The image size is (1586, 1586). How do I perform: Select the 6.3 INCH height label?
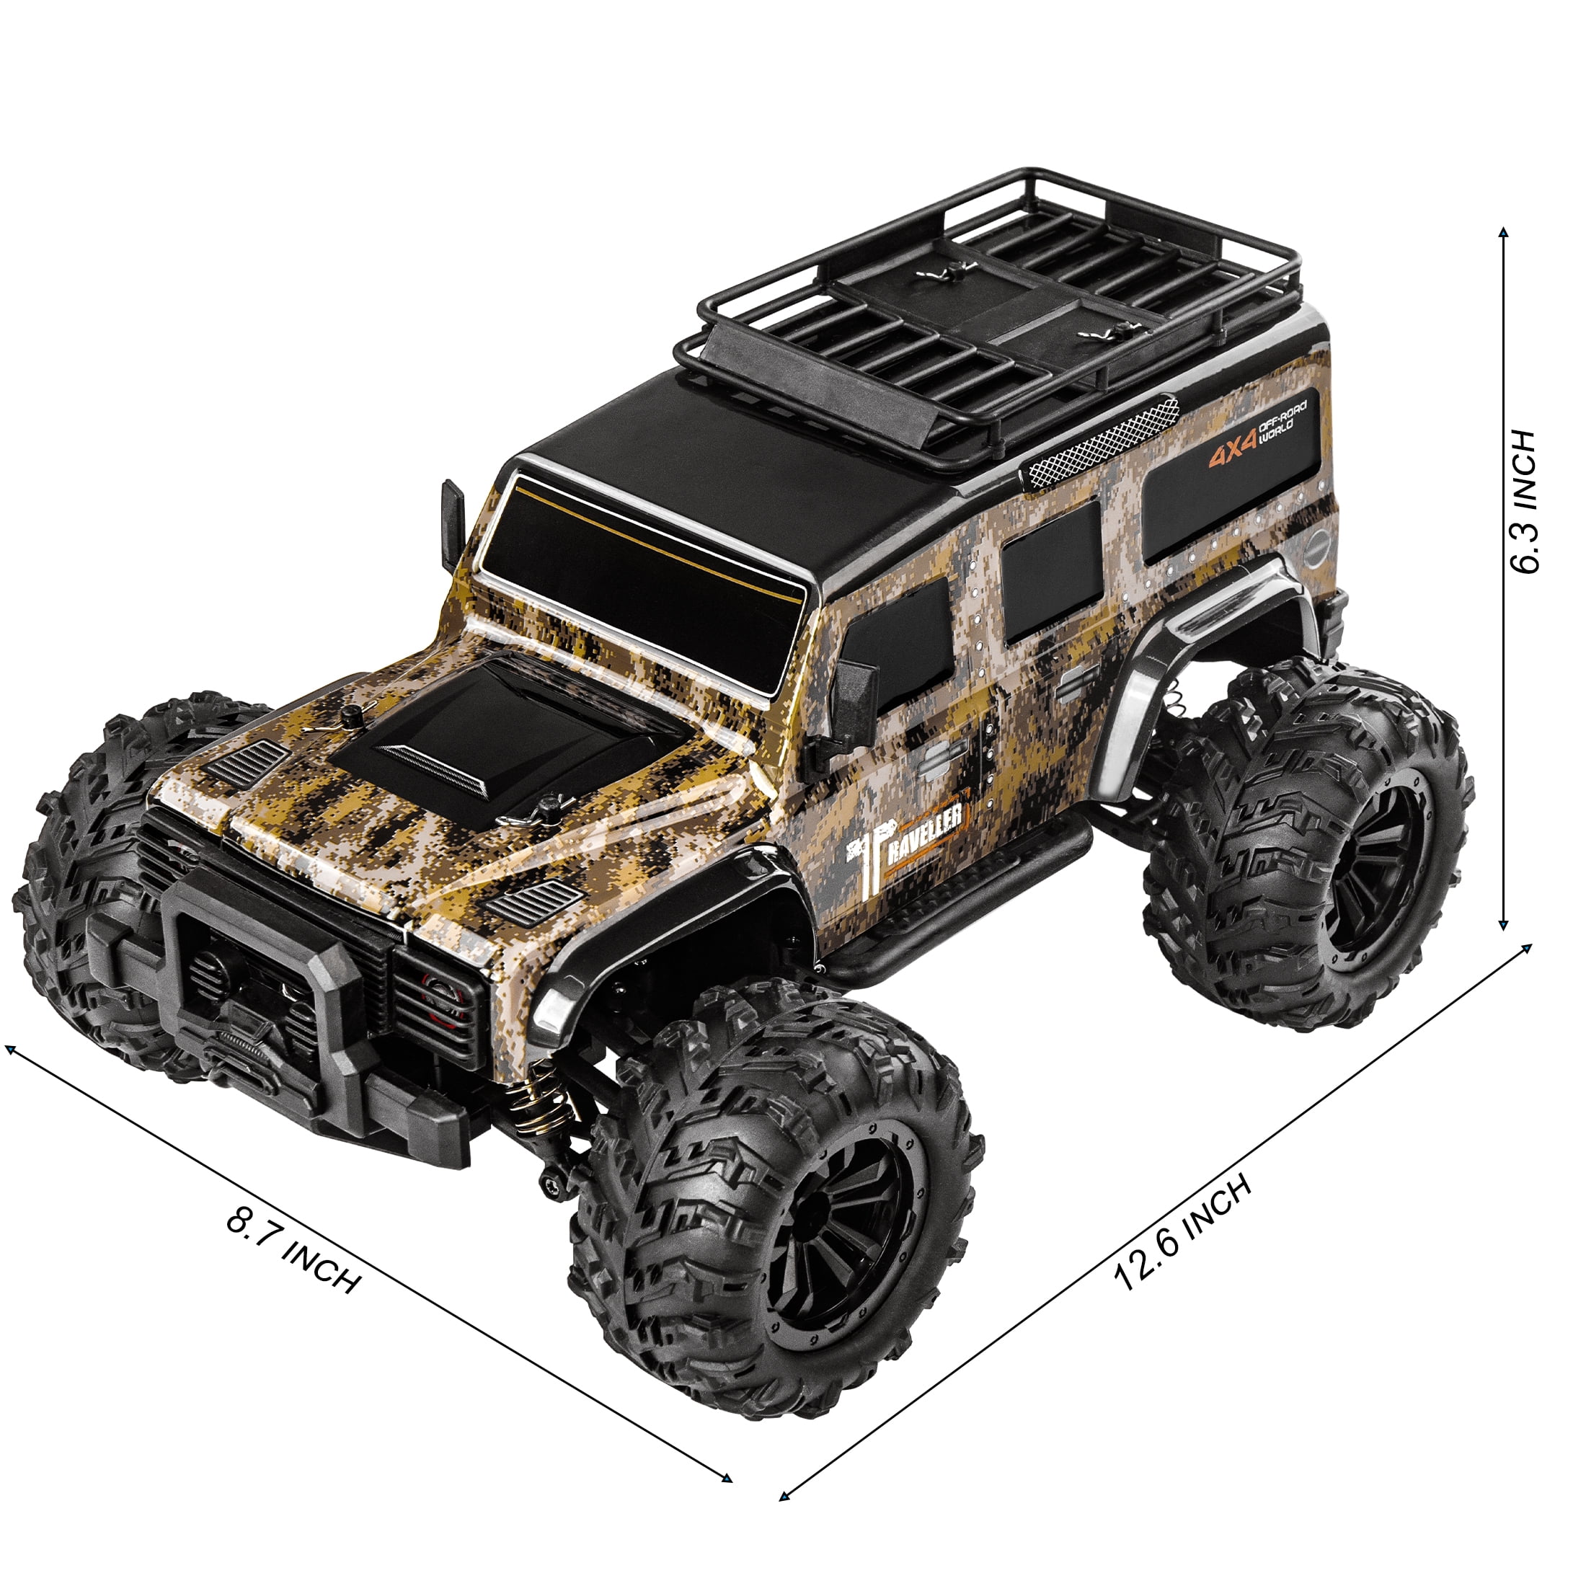tap(1523, 501)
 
